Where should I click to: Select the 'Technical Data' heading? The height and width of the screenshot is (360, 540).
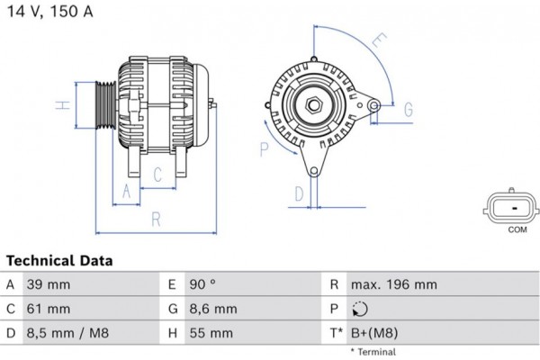pos(59,261)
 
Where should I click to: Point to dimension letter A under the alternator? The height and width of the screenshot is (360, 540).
pos(127,190)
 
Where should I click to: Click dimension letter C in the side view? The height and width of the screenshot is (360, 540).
pos(157,175)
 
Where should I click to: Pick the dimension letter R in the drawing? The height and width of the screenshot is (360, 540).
pos(155,218)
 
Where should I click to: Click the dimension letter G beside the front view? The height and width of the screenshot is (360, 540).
pos(408,110)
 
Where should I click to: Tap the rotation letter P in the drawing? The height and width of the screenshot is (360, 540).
pos(265,148)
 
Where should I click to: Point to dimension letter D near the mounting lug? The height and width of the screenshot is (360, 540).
pos(299,193)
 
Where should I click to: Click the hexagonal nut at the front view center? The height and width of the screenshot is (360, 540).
pos(315,104)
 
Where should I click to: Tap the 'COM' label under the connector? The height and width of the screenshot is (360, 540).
pos(517,231)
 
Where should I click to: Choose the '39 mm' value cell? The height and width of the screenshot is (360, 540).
pos(51,285)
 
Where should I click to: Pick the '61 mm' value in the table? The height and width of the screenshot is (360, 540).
pos(49,309)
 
